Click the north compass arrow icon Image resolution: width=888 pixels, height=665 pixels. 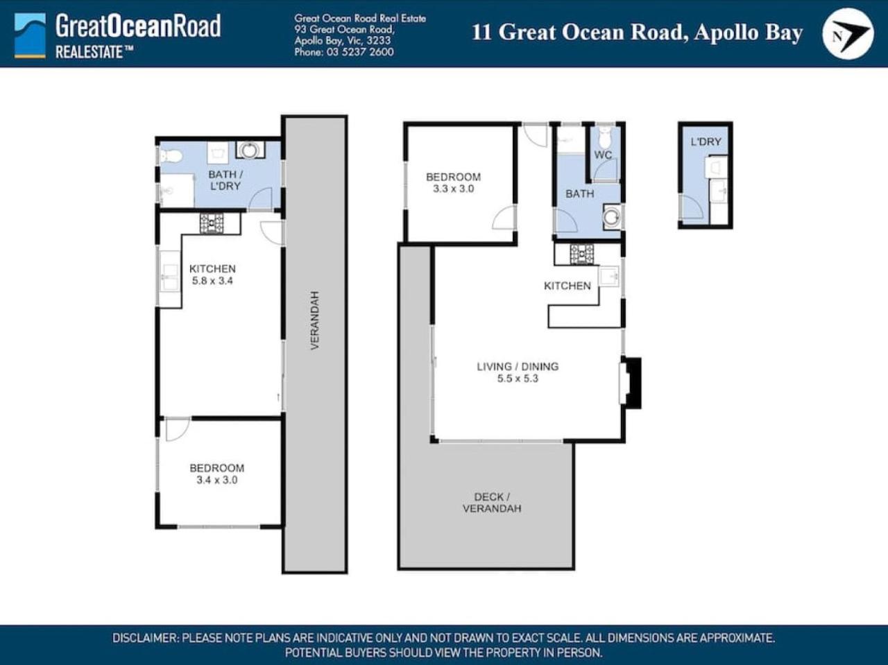click(848, 33)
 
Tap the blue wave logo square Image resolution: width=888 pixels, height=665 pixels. click(30, 35)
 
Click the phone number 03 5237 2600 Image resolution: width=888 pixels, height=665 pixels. click(360, 52)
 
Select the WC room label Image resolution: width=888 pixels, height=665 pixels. click(603, 155)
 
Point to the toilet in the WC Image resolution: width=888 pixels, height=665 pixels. click(606, 137)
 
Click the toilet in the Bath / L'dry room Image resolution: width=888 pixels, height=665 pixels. click(171, 156)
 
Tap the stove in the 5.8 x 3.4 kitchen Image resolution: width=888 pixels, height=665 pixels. click(212, 223)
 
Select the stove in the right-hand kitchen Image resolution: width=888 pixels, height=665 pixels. click(582, 254)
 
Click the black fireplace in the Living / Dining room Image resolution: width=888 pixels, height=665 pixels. click(631, 383)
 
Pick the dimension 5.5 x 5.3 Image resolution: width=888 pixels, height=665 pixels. click(518, 379)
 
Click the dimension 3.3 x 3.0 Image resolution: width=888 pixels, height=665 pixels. click(453, 189)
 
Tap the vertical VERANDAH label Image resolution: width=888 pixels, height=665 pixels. click(315, 320)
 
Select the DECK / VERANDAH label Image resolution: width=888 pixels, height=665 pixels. click(492, 503)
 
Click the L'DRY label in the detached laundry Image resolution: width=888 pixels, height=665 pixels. click(706, 142)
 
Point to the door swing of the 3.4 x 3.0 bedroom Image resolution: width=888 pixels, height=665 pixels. click(177, 429)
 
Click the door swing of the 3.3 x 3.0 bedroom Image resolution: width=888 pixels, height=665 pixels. click(504, 218)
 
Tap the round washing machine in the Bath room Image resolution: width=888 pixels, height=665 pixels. click(612, 216)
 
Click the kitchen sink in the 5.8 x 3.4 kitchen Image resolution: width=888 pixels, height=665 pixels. click(170, 278)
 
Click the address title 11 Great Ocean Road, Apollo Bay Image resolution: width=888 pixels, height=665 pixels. click(637, 33)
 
